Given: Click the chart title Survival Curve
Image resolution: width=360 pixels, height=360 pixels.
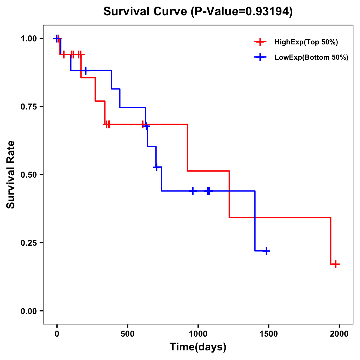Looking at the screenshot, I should pos(145,12).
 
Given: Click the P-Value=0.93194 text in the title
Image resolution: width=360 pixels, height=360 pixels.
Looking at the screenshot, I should pos(241,12).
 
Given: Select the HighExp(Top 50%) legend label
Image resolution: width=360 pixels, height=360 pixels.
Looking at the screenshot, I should pos(306,42).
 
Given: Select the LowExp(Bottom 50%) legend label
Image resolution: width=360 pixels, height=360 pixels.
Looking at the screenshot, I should pos(311,58).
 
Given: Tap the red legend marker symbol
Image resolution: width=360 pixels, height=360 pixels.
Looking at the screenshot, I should pos(260,42).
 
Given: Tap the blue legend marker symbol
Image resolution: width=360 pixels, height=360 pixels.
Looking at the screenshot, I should pos(260,58).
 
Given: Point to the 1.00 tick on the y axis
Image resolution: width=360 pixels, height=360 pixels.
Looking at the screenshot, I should pos(28,39).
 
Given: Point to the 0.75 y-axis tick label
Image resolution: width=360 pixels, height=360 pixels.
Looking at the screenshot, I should pos(28,107).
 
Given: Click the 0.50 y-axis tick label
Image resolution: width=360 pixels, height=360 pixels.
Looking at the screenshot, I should pos(28,175).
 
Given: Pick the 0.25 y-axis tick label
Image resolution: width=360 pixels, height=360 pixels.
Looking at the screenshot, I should pos(28,243).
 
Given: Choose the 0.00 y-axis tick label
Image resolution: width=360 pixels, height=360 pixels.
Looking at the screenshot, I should pos(28,311).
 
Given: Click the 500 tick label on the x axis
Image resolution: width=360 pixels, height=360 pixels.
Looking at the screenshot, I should pos(127,334).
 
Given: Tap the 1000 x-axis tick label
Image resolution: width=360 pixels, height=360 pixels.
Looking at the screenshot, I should pos(198,334).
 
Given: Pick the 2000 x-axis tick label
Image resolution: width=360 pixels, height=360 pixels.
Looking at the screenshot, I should pos(339,334).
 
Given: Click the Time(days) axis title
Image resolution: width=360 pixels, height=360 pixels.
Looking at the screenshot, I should pos(198,347).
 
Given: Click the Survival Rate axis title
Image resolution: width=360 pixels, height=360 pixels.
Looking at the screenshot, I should pos(11,175).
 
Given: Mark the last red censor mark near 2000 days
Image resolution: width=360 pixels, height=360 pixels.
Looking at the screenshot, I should pos(336,264).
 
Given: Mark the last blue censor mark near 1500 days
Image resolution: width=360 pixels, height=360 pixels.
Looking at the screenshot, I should pos(266,251).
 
